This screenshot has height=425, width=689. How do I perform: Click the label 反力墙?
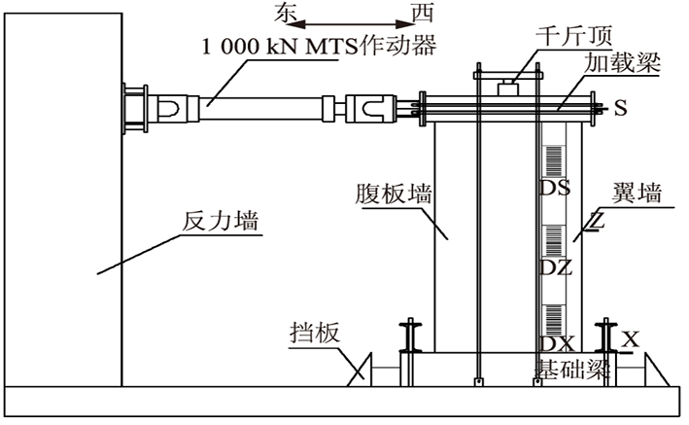click(x=221, y=221)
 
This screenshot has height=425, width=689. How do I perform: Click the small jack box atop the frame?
click(x=507, y=88)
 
